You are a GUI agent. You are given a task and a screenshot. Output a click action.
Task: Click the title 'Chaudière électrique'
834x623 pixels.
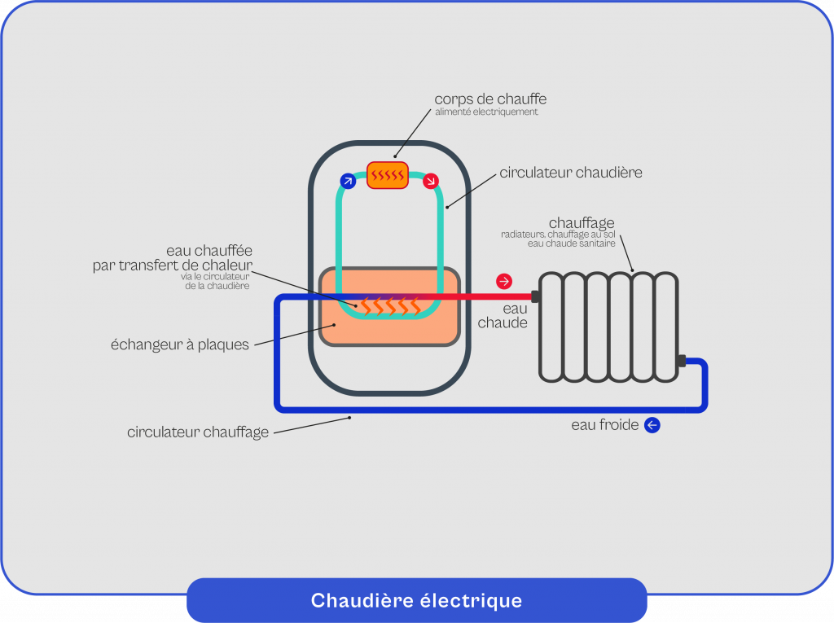416,601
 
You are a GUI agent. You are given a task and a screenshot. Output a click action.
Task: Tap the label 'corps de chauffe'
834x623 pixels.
490,99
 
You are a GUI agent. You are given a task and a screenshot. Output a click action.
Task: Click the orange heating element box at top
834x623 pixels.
387,175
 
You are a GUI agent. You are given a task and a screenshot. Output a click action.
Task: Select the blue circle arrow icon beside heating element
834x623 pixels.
348,181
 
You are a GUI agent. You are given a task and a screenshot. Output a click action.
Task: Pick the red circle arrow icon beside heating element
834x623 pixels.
431,180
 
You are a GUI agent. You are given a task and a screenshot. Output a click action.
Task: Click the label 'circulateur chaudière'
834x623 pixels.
571,173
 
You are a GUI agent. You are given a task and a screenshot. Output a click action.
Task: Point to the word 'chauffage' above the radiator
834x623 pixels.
582,222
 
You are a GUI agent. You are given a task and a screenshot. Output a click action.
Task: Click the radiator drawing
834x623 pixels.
608,327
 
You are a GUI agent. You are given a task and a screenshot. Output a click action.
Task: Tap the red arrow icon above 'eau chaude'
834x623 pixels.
504,282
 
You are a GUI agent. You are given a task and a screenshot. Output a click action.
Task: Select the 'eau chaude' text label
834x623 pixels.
503,316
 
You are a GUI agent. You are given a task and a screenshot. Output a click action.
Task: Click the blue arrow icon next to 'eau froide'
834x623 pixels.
652,425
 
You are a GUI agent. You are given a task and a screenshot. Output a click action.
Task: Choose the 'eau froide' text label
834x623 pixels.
605,425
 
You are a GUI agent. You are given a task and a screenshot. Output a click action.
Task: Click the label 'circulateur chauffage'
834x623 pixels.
198,432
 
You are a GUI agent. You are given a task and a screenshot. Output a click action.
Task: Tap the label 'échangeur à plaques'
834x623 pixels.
180,344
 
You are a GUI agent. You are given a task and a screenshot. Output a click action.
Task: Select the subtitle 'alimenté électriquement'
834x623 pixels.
486,112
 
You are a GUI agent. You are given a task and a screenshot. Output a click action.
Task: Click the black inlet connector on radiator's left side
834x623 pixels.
535,296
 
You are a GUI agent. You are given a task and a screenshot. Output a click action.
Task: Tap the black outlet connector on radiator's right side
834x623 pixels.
681,361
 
